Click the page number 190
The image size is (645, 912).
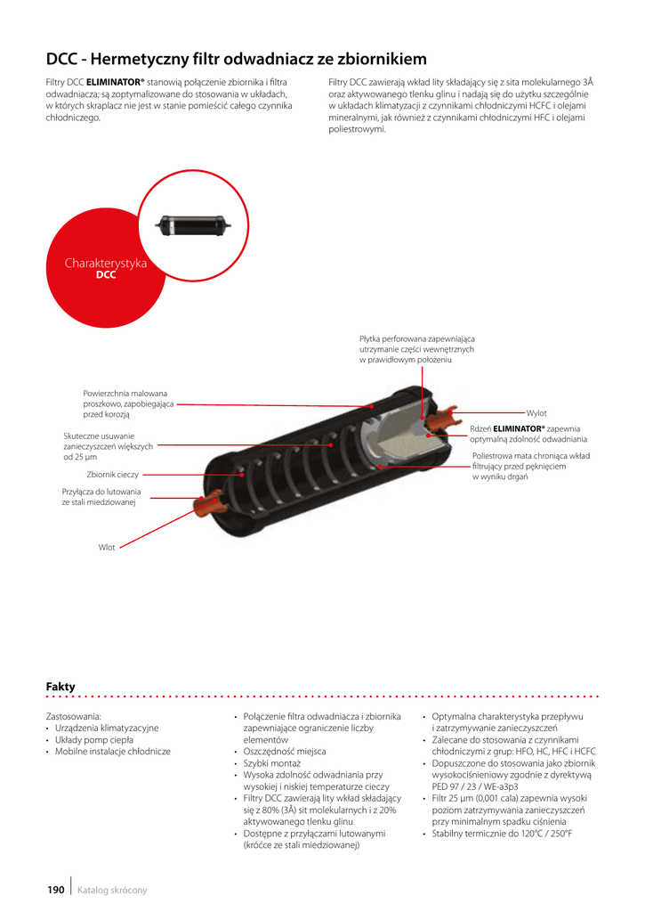[x=55, y=890]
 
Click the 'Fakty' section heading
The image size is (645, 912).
[x=60, y=686]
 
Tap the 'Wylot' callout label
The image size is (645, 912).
[x=536, y=413]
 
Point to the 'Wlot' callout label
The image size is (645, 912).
[x=107, y=547]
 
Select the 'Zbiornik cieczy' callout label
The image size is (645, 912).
[x=112, y=474]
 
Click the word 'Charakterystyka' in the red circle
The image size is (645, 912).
[x=106, y=264]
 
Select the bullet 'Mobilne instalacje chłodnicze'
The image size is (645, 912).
[x=112, y=752]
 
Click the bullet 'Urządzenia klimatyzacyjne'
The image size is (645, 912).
[x=107, y=728]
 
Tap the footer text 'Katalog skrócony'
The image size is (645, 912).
[x=112, y=890]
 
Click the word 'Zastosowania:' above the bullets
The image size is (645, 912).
[x=74, y=716]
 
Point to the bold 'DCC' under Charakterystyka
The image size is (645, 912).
[x=106, y=276]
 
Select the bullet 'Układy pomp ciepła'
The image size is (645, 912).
[x=93, y=740]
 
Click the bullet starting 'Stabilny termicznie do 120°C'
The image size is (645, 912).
[x=502, y=834]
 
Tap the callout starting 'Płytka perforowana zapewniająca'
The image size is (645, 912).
[x=417, y=338]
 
